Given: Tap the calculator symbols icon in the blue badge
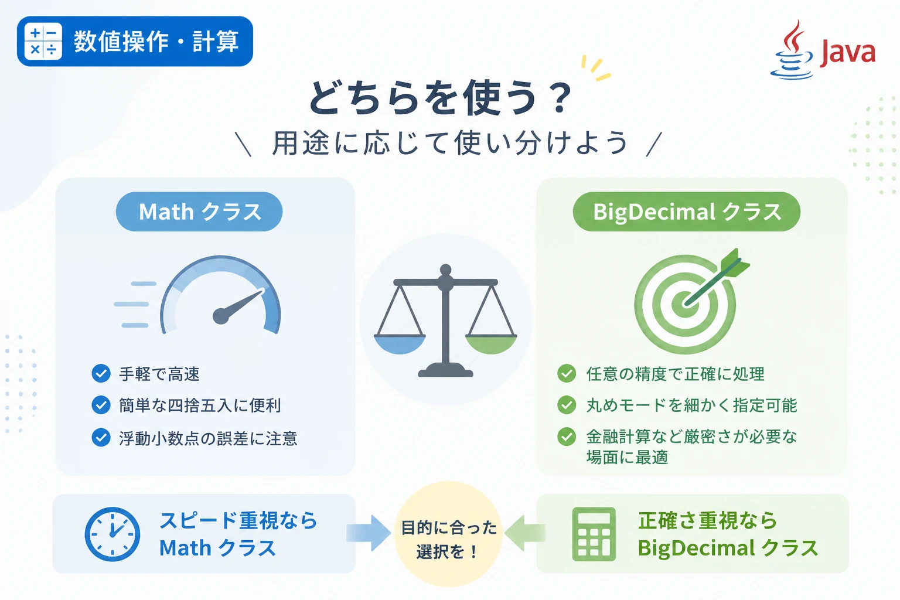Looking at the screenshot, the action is pos(43,42).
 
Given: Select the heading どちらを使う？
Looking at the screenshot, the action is pos(441,97).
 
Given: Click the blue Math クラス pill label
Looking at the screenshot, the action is pos(199,212).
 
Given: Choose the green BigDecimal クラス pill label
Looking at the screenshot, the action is pos(687,212).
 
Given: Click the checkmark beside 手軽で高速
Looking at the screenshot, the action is pos(101,373).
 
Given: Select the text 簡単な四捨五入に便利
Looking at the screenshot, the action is pos(200,405).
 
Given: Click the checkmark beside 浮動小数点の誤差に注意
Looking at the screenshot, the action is pos(101,437).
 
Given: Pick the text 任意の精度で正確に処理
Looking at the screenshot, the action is pos(676,374).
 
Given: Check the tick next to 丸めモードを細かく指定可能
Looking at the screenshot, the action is pos(567,405).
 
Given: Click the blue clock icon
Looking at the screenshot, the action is pos(112,534).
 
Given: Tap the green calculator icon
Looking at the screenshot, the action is pos(594,534).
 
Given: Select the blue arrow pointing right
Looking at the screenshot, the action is pos(369,533).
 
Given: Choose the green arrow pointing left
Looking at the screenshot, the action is pos(525,533).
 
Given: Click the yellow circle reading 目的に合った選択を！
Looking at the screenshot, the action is pos(449,534).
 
